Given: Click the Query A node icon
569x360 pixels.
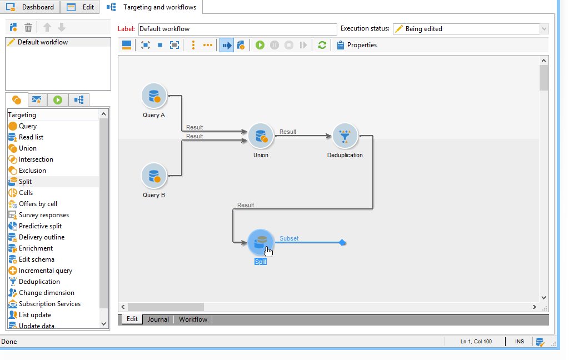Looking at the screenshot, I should pyautogui.click(x=154, y=96).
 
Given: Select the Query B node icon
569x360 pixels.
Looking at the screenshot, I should pyautogui.click(x=154, y=176).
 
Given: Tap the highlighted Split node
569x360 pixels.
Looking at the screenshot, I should pyautogui.click(x=260, y=243).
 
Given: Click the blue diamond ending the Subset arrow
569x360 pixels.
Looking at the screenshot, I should pyautogui.click(x=342, y=243).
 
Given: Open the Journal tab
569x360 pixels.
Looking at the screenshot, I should pyautogui.click(x=158, y=319).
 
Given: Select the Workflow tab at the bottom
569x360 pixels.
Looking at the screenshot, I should pyautogui.click(x=193, y=319).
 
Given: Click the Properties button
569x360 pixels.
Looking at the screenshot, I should pyautogui.click(x=357, y=45).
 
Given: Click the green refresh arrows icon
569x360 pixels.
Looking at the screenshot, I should pyautogui.click(x=322, y=45).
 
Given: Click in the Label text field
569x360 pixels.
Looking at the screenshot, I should pyautogui.click(x=237, y=29).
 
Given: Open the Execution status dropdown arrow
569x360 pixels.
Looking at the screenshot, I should pyautogui.click(x=544, y=29).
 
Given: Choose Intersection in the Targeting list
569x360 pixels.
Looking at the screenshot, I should pyautogui.click(x=36, y=159).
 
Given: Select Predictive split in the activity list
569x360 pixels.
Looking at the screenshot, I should pyautogui.click(x=40, y=226).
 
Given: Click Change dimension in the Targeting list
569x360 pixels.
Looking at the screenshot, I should pyautogui.click(x=46, y=293).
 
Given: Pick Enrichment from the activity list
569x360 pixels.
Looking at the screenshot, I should pyautogui.click(x=36, y=248).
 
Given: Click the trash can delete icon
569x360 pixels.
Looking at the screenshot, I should pyautogui.click(x=28, y=27).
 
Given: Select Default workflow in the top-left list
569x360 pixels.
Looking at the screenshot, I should pyautogui.click(x=42, y=42).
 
